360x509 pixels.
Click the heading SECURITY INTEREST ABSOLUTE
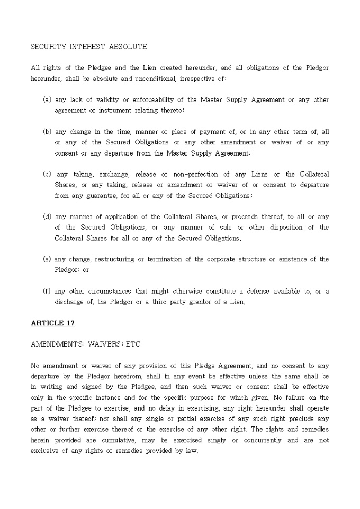(x=88, y=47)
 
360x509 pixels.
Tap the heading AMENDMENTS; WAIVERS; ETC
(x=85, y=344)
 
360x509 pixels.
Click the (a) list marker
(x=47, y=99)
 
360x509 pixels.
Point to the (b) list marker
(x=47, y=132)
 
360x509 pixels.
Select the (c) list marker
(x=47, y=174)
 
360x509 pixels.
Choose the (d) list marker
(x=47, y=216)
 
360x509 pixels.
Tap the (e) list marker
(x=47, y=259)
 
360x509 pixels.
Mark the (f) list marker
(x=47, y=291)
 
